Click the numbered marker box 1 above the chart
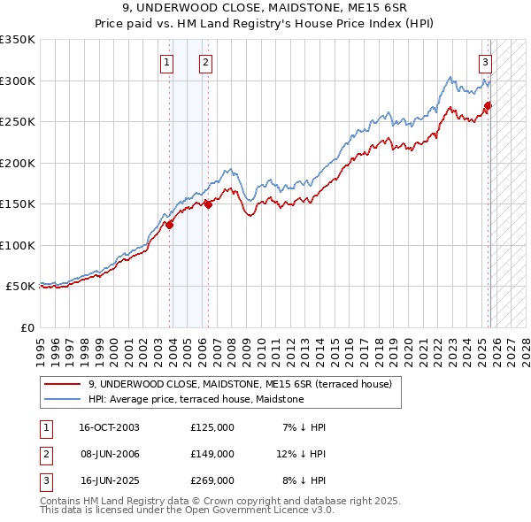[167, 62]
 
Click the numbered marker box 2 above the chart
[205, 62]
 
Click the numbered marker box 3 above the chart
[486, 62]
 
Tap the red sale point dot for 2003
[169, 225]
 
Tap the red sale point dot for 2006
[208, 204]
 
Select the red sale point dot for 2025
[488, 106]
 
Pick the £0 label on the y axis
[26, 327]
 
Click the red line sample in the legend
[62, 384]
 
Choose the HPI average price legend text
[196, 399]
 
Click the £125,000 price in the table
[212, 427]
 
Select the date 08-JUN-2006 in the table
[109, 454]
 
